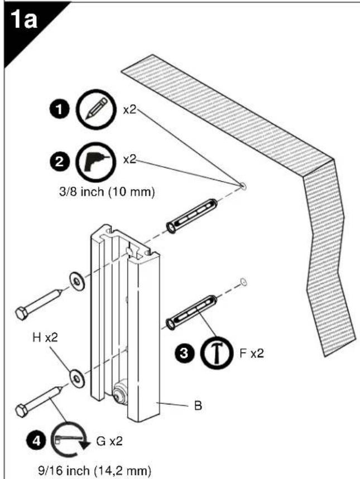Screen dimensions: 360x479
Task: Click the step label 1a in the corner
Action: tap(24, 21)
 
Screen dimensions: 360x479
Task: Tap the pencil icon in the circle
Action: tap(96, 109)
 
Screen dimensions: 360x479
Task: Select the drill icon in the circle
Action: tap(96, 162)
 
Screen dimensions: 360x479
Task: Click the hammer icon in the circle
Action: tap(216, 354)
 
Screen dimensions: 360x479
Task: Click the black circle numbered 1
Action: tap(59, 109)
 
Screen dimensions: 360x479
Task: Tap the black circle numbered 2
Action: tap(59, 162)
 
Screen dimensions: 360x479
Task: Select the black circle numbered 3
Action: tap(184, 354)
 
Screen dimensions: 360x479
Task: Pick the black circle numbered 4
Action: tap(36, 441)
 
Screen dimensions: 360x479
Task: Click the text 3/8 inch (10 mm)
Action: tap(107, 192)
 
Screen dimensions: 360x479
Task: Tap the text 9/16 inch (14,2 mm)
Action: tap(94, 471)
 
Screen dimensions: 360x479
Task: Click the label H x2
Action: tap(45, 338)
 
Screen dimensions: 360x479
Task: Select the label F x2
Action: tap(251, 354)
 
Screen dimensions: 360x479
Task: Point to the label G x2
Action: tap(109, 441)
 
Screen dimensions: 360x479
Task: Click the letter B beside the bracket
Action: tap(198, 406)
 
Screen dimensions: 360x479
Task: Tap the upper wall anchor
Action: tap(191, 216)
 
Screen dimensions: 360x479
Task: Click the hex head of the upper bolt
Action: tap(22, 313)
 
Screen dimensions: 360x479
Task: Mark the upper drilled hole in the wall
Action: tap(243, 186)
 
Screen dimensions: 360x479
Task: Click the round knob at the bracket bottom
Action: tap(120, 394)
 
